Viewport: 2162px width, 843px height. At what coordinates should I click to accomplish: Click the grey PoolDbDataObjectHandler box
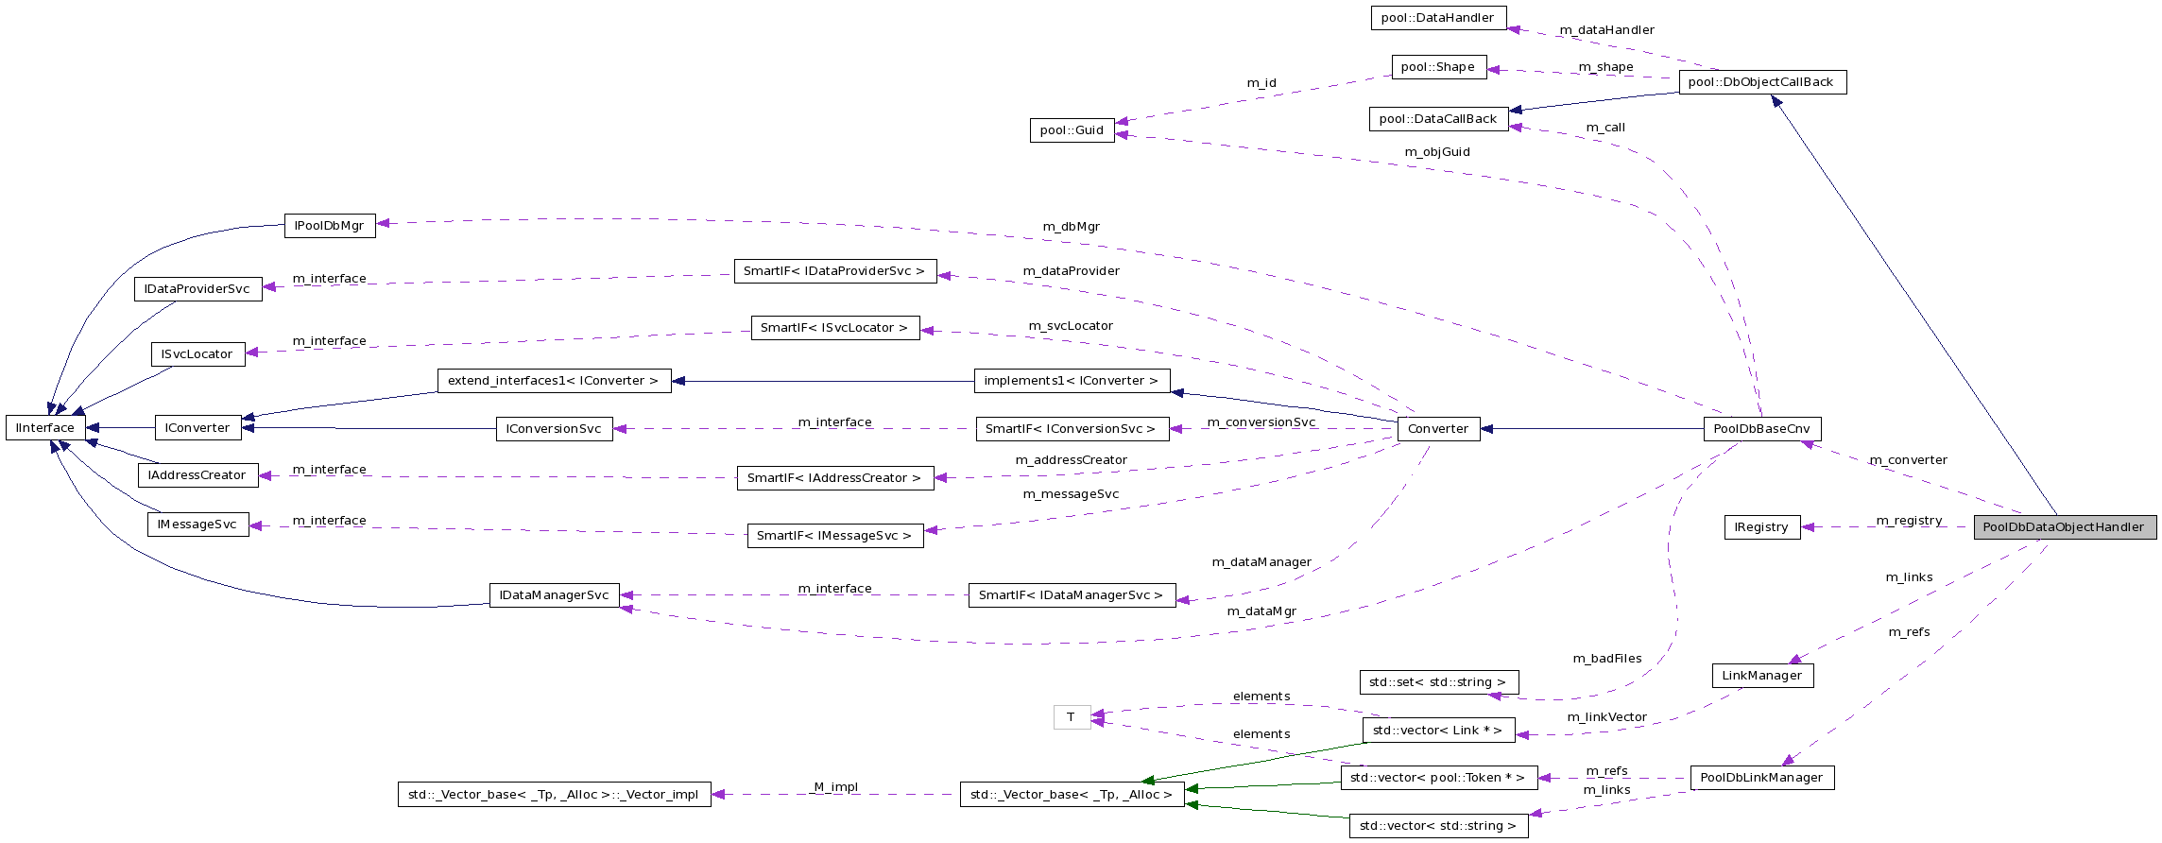pyautogui.click(x=2064, y=527)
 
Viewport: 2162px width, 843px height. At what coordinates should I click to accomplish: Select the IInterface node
pyautogui.click(x=45, y=428)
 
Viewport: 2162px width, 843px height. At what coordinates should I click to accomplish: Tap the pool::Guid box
pyautogui.click(x=1072, y=130)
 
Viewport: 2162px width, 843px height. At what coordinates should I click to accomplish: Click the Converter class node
pyautogui.click(x=1438, y=429)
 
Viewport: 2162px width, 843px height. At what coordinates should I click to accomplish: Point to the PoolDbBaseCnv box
pyautogui.click(x=1761, y=429)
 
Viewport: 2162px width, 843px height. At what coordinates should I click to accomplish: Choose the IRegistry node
pyautogui.click(x=1761, y=527)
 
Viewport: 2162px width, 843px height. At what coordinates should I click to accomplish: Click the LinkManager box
pyautogui.click(x=1761, y=676)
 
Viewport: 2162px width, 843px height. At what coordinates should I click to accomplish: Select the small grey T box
pyautogui.click(x=1072, y=717)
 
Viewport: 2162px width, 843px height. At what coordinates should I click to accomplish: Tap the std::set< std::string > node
pyautogui.click(x=1437, y=682)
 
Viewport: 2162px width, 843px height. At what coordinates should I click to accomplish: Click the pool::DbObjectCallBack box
pyautogui.click(x=1761, y=82)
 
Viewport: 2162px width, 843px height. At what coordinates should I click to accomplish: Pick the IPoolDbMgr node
pyautogui.click(x=330, y=226)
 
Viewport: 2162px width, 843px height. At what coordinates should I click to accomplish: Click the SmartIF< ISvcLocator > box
pyautogui.click(x=834, y=328)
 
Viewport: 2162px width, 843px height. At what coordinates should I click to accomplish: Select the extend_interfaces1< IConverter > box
pyautogui.click(x=554, y=381)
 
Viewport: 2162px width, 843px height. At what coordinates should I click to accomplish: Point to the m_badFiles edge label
pyautogui.click(x=1606, y=659)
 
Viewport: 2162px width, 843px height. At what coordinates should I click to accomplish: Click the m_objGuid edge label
pyautogui.click(x=1437, y=152)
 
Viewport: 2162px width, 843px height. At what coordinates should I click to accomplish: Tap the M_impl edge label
pyautogui.click(x=836, y=787)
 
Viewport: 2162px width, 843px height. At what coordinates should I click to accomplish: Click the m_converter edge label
pyautogui.click(x=1908, y=460)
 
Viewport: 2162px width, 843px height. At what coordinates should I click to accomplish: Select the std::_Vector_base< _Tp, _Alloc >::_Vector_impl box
pyautogui.click(x=554, y=795)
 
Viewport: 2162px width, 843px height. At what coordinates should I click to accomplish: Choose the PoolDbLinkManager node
pyautogui.click(x=1761, y=778)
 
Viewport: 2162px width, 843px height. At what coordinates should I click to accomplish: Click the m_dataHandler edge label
pyautogui.click(x=1606, y=30)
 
